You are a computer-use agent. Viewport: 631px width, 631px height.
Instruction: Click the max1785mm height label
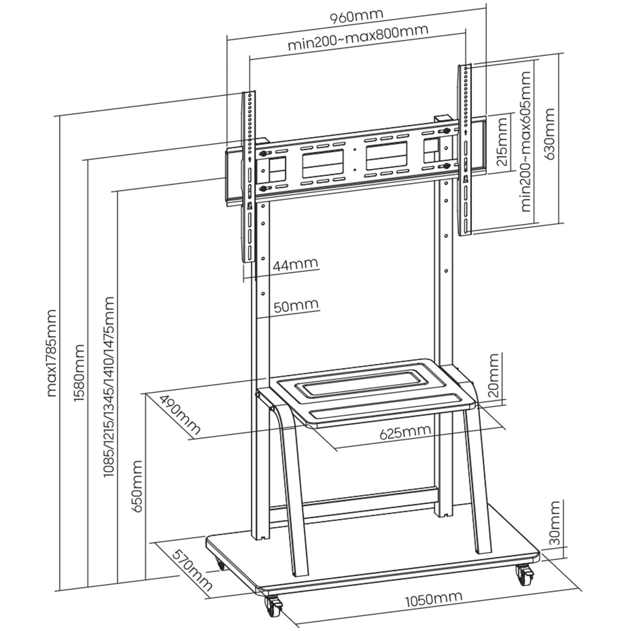(x=52, y=352)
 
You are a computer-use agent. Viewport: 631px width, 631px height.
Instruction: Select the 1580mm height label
(x=79, y=373)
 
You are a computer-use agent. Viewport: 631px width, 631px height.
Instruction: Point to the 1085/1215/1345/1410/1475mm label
(x=108, y=386)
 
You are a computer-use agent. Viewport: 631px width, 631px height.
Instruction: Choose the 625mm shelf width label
(x=405, y=432)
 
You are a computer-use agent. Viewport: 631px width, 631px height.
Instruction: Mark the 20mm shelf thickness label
(x=493, y=376)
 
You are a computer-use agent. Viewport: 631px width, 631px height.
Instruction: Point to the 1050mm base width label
(x=433, y=598)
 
